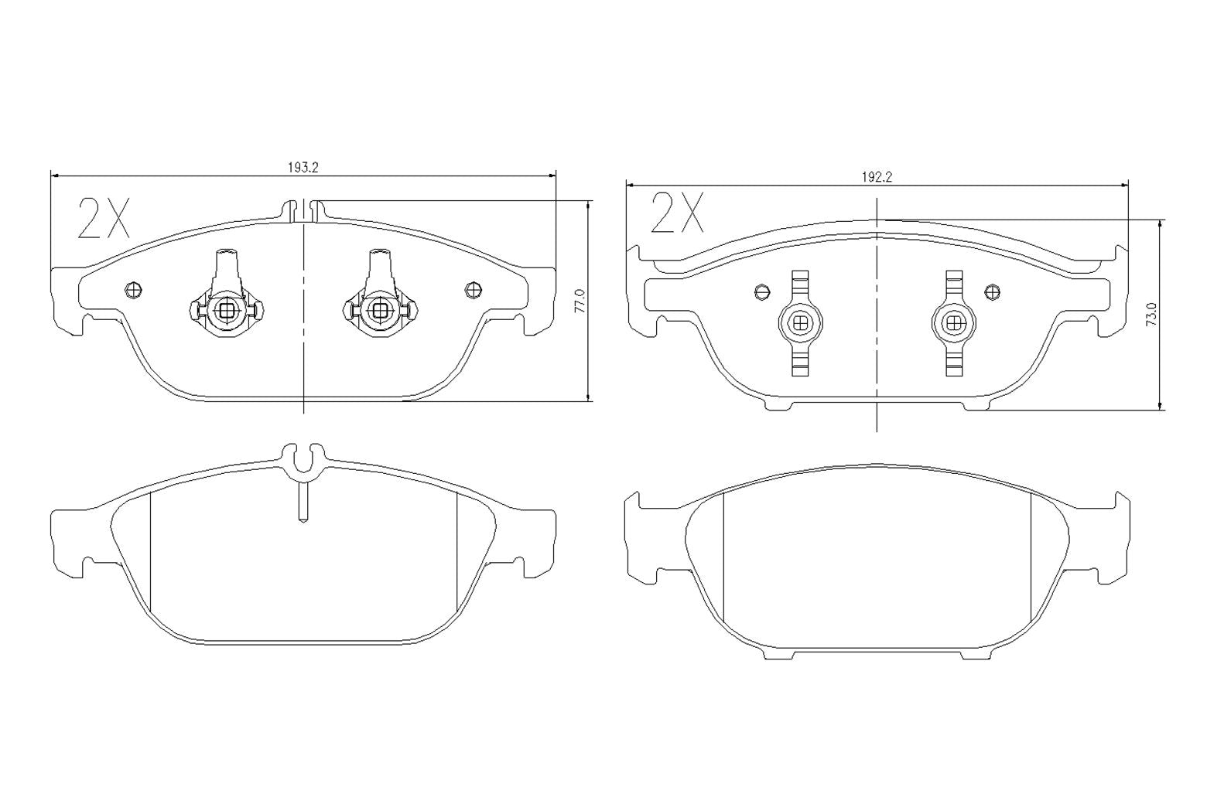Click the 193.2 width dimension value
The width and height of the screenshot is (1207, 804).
point(303,166)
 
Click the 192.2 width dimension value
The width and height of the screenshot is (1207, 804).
point(877,176)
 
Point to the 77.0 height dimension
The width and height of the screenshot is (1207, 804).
point(580,301)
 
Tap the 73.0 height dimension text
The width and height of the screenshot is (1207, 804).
point(1151,315)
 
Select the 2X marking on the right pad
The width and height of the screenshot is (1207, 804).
point(677,213)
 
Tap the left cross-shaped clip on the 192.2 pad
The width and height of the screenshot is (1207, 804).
point(801,323)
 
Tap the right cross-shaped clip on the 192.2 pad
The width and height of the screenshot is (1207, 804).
point(954,323)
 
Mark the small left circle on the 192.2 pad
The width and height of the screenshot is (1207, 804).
point(761,291)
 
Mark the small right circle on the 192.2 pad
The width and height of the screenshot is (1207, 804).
point(992,291)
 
